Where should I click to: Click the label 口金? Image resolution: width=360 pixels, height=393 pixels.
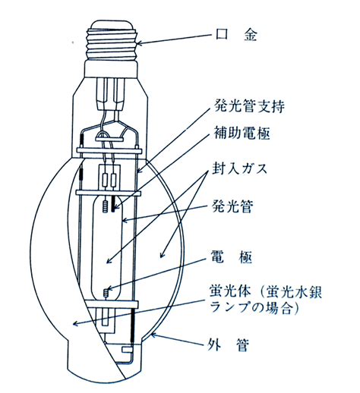pyautogui.click(x=236, y=34)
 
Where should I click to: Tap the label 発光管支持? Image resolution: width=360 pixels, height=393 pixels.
pyautogui.click(x=249, y=106)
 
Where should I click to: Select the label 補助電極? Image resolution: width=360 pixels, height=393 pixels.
pyautogui.click(x=242, y=133)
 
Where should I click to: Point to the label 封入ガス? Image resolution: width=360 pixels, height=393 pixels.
pyautogui.click(x=239, y=168)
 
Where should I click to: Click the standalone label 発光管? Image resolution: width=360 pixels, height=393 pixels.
pyautogui.click(x=232, y=206)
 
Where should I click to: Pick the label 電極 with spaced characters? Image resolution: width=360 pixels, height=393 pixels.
pyautogui.click(x=232, y=257)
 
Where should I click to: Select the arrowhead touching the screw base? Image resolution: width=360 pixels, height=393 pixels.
pyautogui.click(x=140, y=43)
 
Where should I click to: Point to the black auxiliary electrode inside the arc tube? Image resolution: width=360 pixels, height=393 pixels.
pyautogui.click(x=113, y=204)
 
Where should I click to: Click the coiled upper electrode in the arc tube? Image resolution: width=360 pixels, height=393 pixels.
pyautogui.click(x=106, y=206)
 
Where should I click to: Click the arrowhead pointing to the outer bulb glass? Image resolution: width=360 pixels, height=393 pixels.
pyautogui.click(x=153, y=335)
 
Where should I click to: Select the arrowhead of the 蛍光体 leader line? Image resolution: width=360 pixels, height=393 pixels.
pyautogui.click(x=75, y=323)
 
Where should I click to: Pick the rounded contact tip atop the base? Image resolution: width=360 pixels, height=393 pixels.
pyautogui.click(x=112, y=25)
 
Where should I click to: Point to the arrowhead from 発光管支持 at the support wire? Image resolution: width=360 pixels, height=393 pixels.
pyautogui.click(x=140, y=170)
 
